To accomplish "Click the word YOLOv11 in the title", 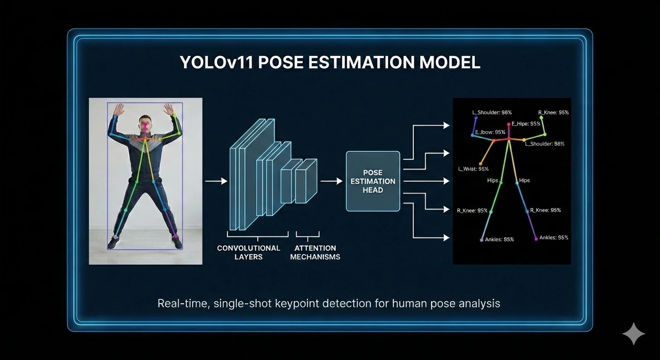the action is tap(215, 62).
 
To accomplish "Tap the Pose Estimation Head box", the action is tap(373, 181).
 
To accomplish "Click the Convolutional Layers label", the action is tap(248, 252).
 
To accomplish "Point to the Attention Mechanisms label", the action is tap(315, 252).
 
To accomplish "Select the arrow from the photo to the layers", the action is tap(216, 181).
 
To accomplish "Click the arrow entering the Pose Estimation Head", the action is tap(331, 181).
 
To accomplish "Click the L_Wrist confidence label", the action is tap(473, 169).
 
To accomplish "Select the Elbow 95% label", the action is tap(490, 132).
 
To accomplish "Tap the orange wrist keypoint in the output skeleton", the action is tap(480, 164).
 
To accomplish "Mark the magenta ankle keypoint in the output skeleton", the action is tap(536, 239).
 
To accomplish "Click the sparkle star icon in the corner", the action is tap(633, 333).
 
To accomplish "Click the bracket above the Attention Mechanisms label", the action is tap(307, 234).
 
